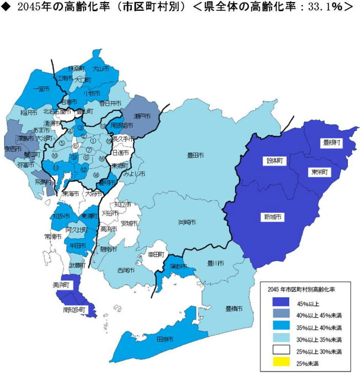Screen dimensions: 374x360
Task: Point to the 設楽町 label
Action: tap(275, 160)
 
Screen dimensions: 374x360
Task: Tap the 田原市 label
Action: tap(165, 339)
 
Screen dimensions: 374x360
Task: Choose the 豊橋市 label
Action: tap(234, 309)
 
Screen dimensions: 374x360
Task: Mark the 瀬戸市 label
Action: tap(143, 116)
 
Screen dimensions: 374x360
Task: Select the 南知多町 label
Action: tap(73, 310)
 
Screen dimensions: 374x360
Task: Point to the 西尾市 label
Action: tap(126, 269)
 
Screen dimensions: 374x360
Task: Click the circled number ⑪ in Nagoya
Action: tap(55, 168)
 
